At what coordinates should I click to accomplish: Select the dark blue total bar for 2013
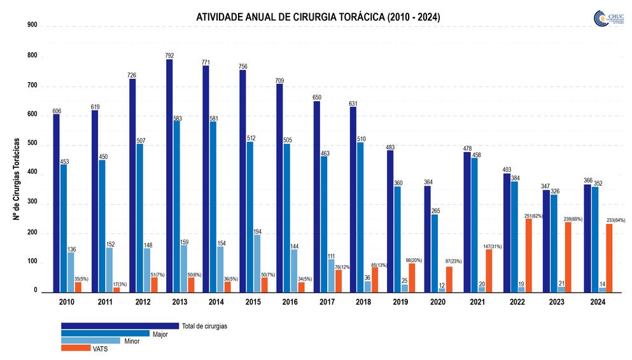click(169, 175)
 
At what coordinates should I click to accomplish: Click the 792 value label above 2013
click(169, 55)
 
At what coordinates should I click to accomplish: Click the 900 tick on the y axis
click(32, 25)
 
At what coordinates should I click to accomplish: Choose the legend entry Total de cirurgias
click(204, 326)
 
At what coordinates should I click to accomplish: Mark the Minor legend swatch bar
click(90, 340)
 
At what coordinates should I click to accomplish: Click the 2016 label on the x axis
click(290, 303)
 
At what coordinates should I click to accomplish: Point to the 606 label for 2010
click(56, 110)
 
